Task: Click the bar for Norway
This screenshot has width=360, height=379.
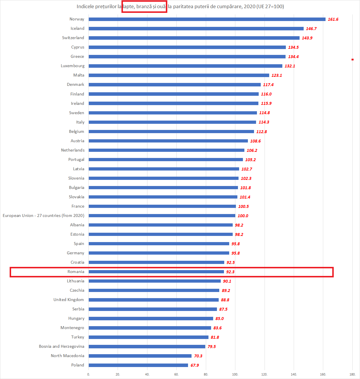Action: click(207, 19)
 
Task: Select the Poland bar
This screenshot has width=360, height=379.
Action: click(138, 365)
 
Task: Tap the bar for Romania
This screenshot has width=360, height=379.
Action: click(156, 272)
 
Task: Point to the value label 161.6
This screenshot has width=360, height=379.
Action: click(333, 19)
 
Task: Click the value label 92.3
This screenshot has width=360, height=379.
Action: click(230, 272)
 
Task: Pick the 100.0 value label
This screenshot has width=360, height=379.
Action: click(243, 216)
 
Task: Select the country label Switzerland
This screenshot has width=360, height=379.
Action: click(73, 38)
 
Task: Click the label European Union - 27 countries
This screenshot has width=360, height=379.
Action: click(44, 215)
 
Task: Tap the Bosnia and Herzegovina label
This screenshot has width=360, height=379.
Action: click(62, 346)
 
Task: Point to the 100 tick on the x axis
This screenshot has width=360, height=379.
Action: click(235, 374)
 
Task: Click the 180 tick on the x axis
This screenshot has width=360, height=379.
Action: click(352, 374)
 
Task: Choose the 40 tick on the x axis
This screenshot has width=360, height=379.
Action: click(147, 374)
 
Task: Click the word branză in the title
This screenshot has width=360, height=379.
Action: click(144, 6)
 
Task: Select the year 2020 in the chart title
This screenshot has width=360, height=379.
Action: click(249, 6)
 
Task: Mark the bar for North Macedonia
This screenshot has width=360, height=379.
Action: click(140, 356)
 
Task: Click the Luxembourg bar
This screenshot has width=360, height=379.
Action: click(185, 66)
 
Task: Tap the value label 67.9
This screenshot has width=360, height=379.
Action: click(194, 365)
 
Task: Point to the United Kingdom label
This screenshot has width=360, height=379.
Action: click(69, 300)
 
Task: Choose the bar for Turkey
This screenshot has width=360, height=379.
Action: click(148, 337)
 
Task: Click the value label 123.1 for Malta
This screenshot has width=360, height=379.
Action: click(276, 75)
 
